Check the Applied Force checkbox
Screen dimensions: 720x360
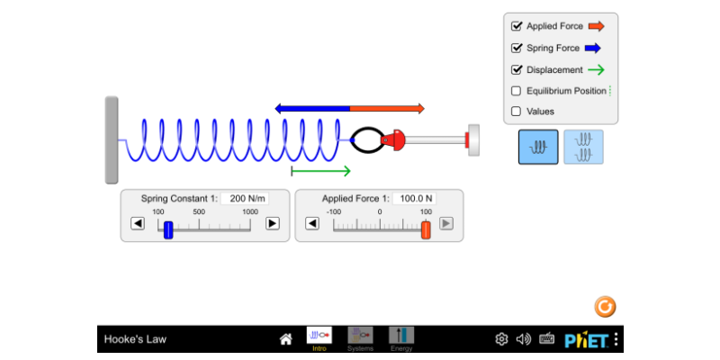516,26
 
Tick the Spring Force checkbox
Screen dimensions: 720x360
516,48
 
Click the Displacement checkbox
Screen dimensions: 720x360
516,70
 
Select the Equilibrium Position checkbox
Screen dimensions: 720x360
516,91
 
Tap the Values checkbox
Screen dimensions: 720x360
516,111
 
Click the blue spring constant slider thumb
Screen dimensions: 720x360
168,230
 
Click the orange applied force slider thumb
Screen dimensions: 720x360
426,230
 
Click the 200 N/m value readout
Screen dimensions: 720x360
245,199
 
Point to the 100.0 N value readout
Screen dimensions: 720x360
414,199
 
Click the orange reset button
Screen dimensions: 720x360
605,307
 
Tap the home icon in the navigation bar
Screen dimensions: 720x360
285,339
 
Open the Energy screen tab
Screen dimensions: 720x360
401,339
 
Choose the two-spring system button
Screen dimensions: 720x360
583,147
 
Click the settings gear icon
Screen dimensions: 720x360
501,339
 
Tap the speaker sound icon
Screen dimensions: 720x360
524,339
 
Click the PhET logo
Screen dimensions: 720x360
587,340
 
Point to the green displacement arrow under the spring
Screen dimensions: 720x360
321,171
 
